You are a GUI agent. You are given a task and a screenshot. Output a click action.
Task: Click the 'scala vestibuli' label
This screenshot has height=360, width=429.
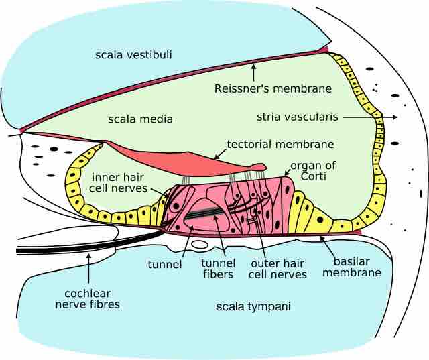(x=133, y=54)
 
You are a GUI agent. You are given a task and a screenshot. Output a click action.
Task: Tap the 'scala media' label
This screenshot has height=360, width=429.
(x=141, y=119)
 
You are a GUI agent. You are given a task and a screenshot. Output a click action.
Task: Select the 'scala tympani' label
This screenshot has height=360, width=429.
(x=249, y=306)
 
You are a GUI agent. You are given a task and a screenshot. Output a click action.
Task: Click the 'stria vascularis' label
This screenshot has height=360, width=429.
(x=298, y=117)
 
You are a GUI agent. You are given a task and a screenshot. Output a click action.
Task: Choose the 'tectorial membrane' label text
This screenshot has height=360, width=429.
(x=280, y=144)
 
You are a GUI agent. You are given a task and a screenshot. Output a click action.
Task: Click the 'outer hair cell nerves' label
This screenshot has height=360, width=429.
(x=278, y=268)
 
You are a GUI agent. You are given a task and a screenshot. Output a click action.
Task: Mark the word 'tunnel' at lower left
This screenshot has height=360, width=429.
(x=165, y=264)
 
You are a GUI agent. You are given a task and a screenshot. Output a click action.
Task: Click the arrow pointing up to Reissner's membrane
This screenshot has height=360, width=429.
(x=253, y=72)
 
